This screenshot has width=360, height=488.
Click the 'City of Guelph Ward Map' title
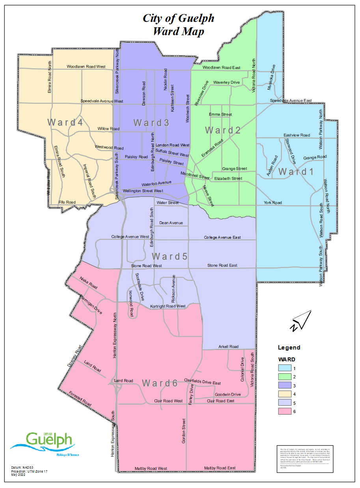(178, 24)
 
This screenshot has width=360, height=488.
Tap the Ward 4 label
(65, 122)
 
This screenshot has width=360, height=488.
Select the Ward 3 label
(151, 123)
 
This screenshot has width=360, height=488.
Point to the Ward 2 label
(223, 130)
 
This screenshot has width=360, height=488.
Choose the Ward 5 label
(170, 256)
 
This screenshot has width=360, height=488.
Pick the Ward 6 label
(160, 383)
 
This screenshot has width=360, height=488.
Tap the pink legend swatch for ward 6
(286, 411)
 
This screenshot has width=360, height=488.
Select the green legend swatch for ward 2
(286, 377)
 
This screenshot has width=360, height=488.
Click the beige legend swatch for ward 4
(286, 394)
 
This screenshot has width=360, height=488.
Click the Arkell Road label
(228, 347)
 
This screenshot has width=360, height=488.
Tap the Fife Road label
(67, 202)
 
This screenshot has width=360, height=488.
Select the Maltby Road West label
(151, 469)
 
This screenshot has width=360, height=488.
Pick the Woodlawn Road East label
(221, 68)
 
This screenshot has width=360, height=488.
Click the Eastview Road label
(297, 135)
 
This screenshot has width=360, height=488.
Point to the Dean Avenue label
(171, 223)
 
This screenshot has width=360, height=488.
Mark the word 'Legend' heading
(289, 348)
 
